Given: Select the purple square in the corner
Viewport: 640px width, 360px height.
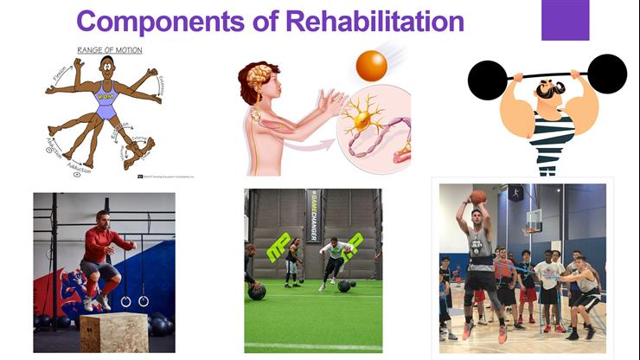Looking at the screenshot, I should pos(565,20).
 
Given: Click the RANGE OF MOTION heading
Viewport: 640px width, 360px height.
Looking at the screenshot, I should pos(110,50).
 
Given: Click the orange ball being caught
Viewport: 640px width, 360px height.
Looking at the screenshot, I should pos(371,66).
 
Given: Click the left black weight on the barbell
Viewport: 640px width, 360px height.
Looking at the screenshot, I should pos(487,80).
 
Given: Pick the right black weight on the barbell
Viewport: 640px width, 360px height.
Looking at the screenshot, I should pos(606,74).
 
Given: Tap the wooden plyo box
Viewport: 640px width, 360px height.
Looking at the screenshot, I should pos(114,332).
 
